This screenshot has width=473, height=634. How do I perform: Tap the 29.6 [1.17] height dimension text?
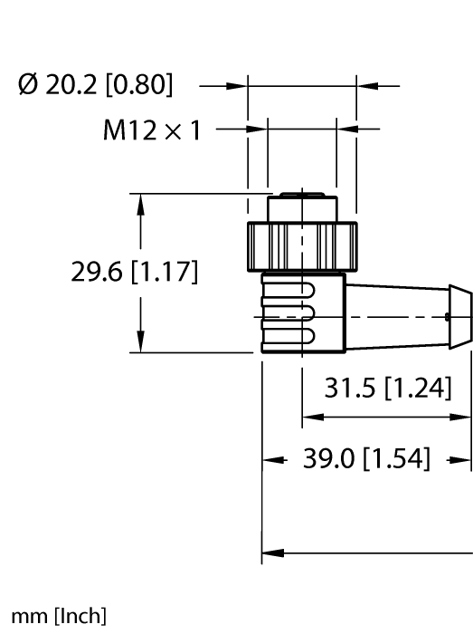click(135, 272)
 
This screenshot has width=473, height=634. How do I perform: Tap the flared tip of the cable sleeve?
click(460, 316)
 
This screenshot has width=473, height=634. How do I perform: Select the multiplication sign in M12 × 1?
click(172, 132)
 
